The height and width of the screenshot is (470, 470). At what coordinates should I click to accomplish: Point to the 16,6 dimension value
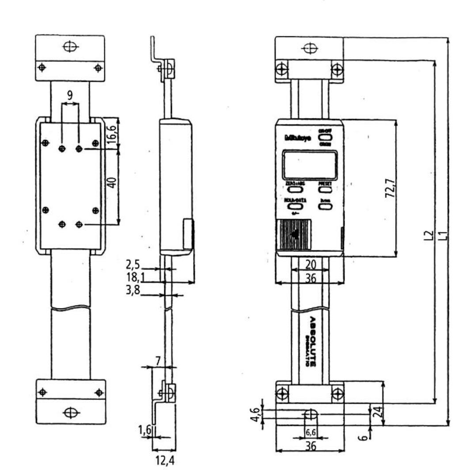(x=112, y=133)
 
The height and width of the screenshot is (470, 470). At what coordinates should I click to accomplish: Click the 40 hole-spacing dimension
(x=112, y=182)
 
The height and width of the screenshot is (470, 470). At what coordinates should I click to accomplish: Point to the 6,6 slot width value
(x=311, y=433)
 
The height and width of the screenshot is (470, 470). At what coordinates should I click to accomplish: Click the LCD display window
(x=310, y=165)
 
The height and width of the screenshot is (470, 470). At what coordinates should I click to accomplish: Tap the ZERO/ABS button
(x=295, y=190)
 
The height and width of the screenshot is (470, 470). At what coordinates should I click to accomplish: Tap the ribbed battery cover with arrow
(x=294, y=235)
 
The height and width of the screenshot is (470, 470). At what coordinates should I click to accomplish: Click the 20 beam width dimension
(x=311, y=265)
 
